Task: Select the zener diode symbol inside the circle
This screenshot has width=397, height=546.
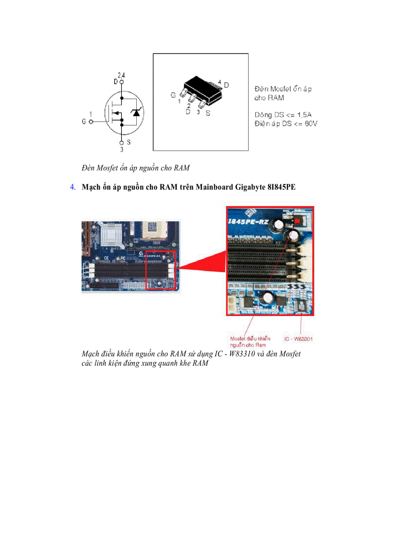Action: [136, 113]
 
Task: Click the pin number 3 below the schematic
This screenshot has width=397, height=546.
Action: [122, 150]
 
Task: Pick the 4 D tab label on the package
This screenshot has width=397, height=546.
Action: [223, 84]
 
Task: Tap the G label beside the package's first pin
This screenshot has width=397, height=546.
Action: [173, 95]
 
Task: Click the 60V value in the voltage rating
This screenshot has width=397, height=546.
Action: [309, 124]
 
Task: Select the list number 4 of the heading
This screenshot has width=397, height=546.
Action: [72, 187]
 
